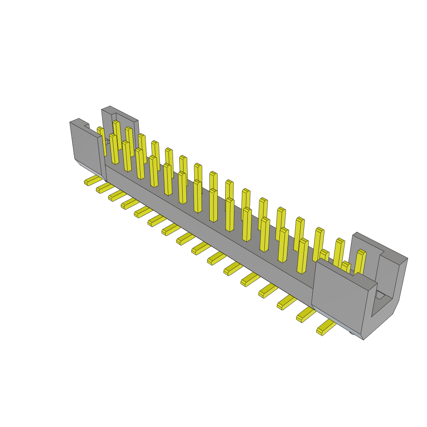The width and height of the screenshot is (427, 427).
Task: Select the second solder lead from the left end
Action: coord(104,188)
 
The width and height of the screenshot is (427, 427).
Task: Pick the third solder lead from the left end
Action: coord(117,195)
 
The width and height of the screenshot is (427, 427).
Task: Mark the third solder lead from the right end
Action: coord(287,303)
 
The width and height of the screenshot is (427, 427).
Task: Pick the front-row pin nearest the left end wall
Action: coord(113,148)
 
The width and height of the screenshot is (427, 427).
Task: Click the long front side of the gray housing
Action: coord(208,225)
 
